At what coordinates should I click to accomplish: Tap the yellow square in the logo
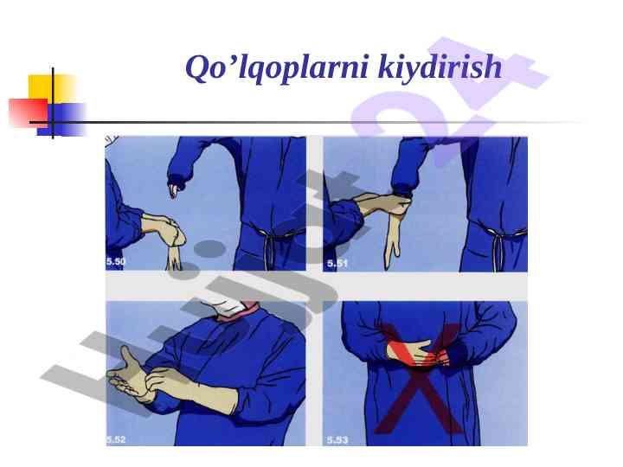(x=52, y=88)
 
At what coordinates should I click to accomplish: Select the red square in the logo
(x=29, y=113)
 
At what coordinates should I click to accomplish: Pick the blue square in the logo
(x=62, y=119)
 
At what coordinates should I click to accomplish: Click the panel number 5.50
(x=116, y=261)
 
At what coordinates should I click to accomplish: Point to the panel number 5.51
(x=337, y=264)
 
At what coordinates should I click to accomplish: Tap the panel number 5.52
(x=116, y=439)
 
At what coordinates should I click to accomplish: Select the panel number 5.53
(x=337, y=440)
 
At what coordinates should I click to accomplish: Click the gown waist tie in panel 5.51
(x=498, y=250)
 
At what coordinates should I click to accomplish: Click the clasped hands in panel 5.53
(x=419, y=353)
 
